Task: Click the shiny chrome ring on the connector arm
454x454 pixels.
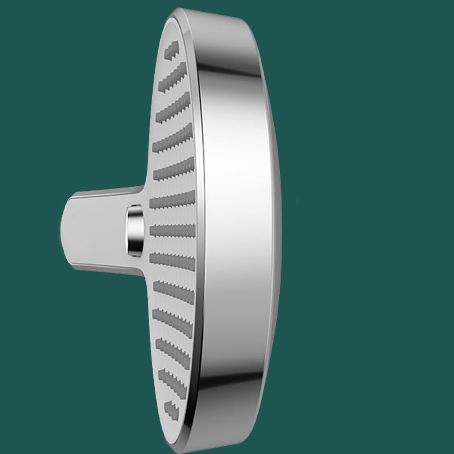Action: (134, 229)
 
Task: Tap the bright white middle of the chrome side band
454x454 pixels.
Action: (237, 227)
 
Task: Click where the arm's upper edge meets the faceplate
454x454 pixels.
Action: (142, 187)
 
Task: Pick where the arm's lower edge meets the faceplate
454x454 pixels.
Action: (143, 274)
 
